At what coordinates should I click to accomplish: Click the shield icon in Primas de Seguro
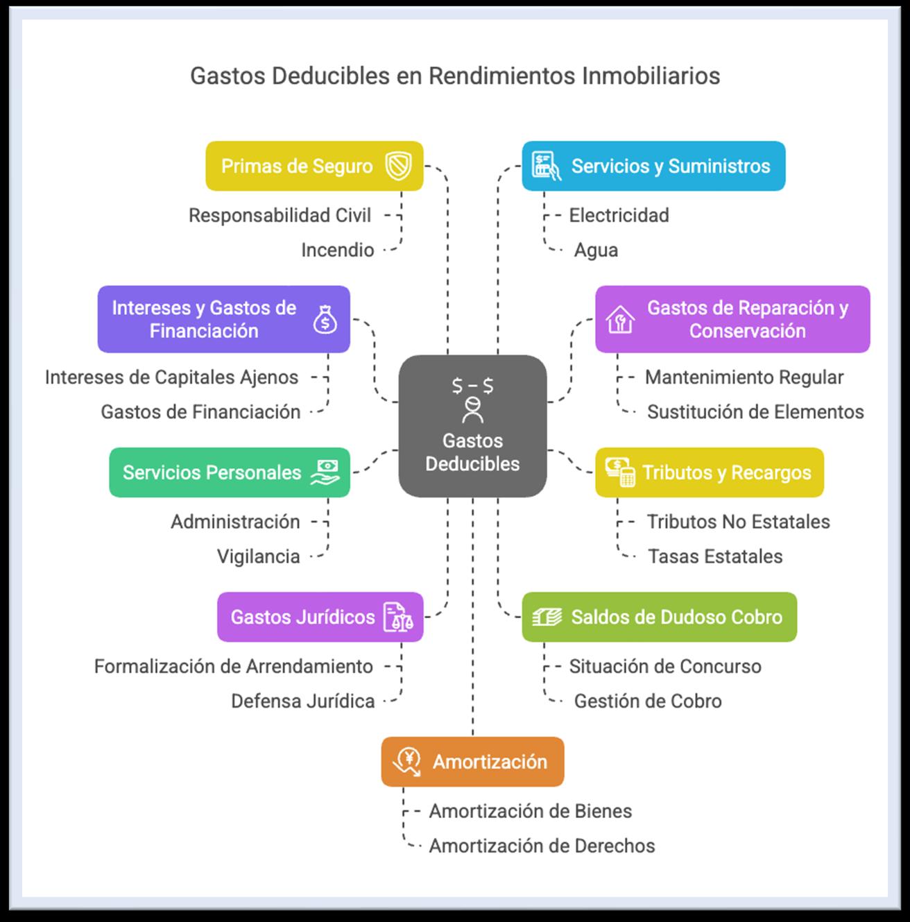(399, 167)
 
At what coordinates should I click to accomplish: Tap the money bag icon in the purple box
(325, 320)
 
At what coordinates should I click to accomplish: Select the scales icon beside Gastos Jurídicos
(398, 617)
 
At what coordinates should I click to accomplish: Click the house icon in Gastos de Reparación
(620, 320)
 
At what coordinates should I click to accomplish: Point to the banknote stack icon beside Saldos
(547, 617)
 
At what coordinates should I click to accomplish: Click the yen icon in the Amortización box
(406, 762)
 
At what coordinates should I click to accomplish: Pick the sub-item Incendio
(337, 250)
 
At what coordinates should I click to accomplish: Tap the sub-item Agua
(596, 250)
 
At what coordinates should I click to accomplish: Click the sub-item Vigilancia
(258, 556)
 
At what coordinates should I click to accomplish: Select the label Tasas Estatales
(715, 556)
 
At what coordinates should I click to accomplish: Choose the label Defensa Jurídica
(302, 701)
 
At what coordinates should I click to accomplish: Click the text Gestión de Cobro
(648, 701)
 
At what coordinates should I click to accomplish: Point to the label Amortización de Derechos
(542, 846)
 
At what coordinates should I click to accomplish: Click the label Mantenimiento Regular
(744, 377)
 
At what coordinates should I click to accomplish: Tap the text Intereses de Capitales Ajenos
(171, 377)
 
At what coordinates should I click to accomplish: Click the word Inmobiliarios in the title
(651, 76)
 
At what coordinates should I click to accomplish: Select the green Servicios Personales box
(229, 472)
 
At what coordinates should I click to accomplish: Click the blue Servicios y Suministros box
(653, 167)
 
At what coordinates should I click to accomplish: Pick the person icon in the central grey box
(472, 410)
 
